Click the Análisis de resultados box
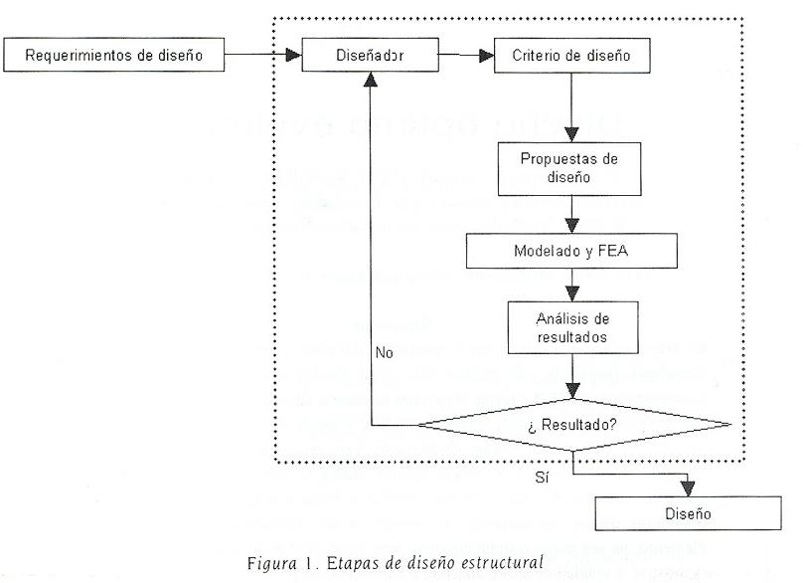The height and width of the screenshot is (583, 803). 569,326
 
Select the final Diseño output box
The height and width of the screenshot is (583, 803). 688,514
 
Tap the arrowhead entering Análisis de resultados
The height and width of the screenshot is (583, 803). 571,293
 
